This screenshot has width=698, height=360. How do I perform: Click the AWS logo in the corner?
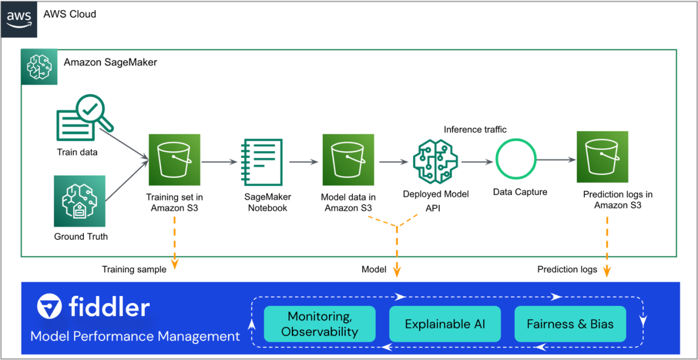pos(19,19)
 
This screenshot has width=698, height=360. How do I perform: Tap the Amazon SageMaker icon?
pos(39,67)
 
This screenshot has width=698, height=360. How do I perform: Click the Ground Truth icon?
pos(80,201)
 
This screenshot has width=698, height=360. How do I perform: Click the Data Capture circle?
pos(516,161)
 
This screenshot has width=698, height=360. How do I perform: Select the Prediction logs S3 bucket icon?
pos(602,157)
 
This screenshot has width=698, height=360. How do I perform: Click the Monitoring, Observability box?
pos(319,324)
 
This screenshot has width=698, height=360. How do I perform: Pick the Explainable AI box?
pos(444,324)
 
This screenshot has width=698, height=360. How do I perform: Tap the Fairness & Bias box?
pos(570,324)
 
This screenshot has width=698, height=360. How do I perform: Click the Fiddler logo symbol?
pos(50,307)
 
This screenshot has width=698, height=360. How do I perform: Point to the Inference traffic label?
pos(475,130)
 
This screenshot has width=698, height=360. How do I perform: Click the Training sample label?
pos(134,269)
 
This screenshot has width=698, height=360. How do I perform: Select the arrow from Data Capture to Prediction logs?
pos(556,161)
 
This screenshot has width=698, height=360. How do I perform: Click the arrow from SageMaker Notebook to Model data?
pos(304,162)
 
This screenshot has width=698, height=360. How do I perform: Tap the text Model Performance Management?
pos(135,336)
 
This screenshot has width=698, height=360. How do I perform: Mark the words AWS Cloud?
pos(70,14)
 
